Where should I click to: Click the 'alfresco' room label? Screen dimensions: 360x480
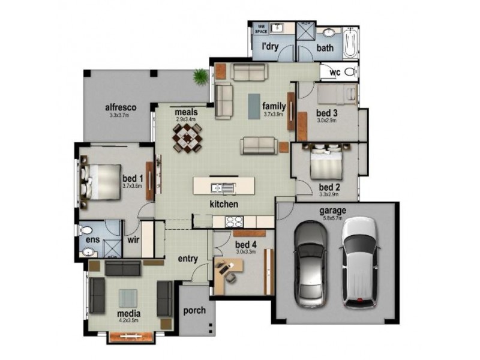121,107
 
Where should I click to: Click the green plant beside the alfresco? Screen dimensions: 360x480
200,76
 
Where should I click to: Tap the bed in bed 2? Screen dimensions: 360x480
326,163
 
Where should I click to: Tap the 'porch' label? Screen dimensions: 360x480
194,310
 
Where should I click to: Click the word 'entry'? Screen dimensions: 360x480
188,259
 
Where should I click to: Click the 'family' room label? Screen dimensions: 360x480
274,106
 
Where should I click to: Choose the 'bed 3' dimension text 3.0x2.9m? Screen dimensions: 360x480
327,120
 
